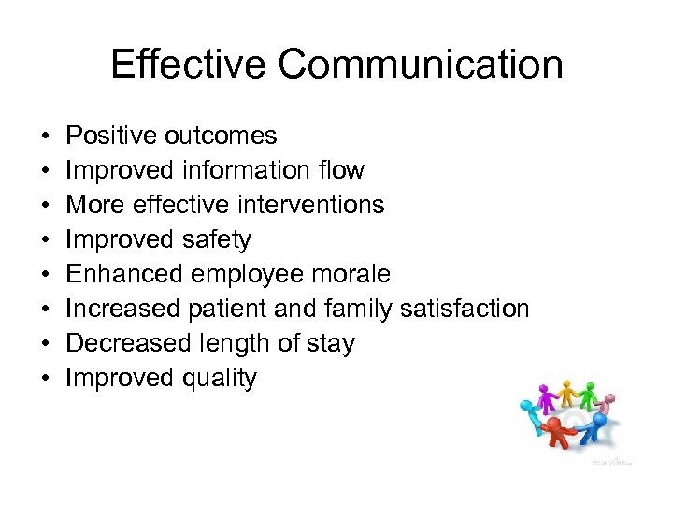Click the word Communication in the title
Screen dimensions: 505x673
[x=421, y=65]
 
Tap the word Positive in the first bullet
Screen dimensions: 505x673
[x=111, y=136]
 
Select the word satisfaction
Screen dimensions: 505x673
[x=465, y=309]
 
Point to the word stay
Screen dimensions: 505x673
[x=329, y=344]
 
